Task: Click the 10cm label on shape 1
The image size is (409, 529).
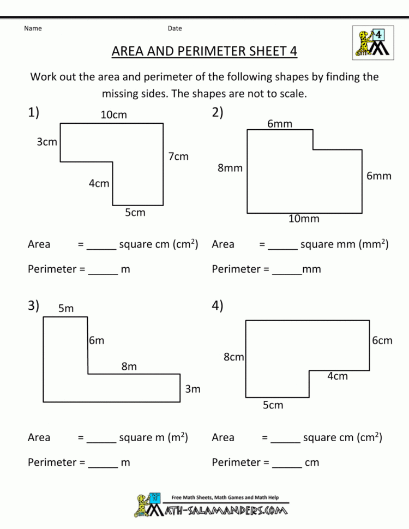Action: click(114, 115)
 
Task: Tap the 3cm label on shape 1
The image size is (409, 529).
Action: click(47, 142)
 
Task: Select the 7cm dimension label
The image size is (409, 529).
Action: click(178, 157)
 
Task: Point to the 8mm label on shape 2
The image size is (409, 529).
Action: click(230, 168)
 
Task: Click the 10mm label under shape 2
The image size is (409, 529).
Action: click(304, 219)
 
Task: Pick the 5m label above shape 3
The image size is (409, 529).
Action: click(66, 308)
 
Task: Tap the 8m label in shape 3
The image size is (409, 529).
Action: click(129, 366)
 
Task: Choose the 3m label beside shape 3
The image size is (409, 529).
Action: click(193, 389)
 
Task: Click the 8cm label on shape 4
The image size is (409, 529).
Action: click(233, 357)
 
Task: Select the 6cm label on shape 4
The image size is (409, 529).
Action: click(382, 341)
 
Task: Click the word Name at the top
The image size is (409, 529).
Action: click(33, 28)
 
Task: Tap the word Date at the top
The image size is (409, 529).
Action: click(175, 28)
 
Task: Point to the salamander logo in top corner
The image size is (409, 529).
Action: click(373, 43)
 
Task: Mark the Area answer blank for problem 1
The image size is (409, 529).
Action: click(101, 249)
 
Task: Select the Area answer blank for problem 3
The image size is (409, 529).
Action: click(101, 442)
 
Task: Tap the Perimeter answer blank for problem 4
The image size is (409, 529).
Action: click(287, 467)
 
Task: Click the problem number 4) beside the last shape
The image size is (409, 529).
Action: click(218, 305)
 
